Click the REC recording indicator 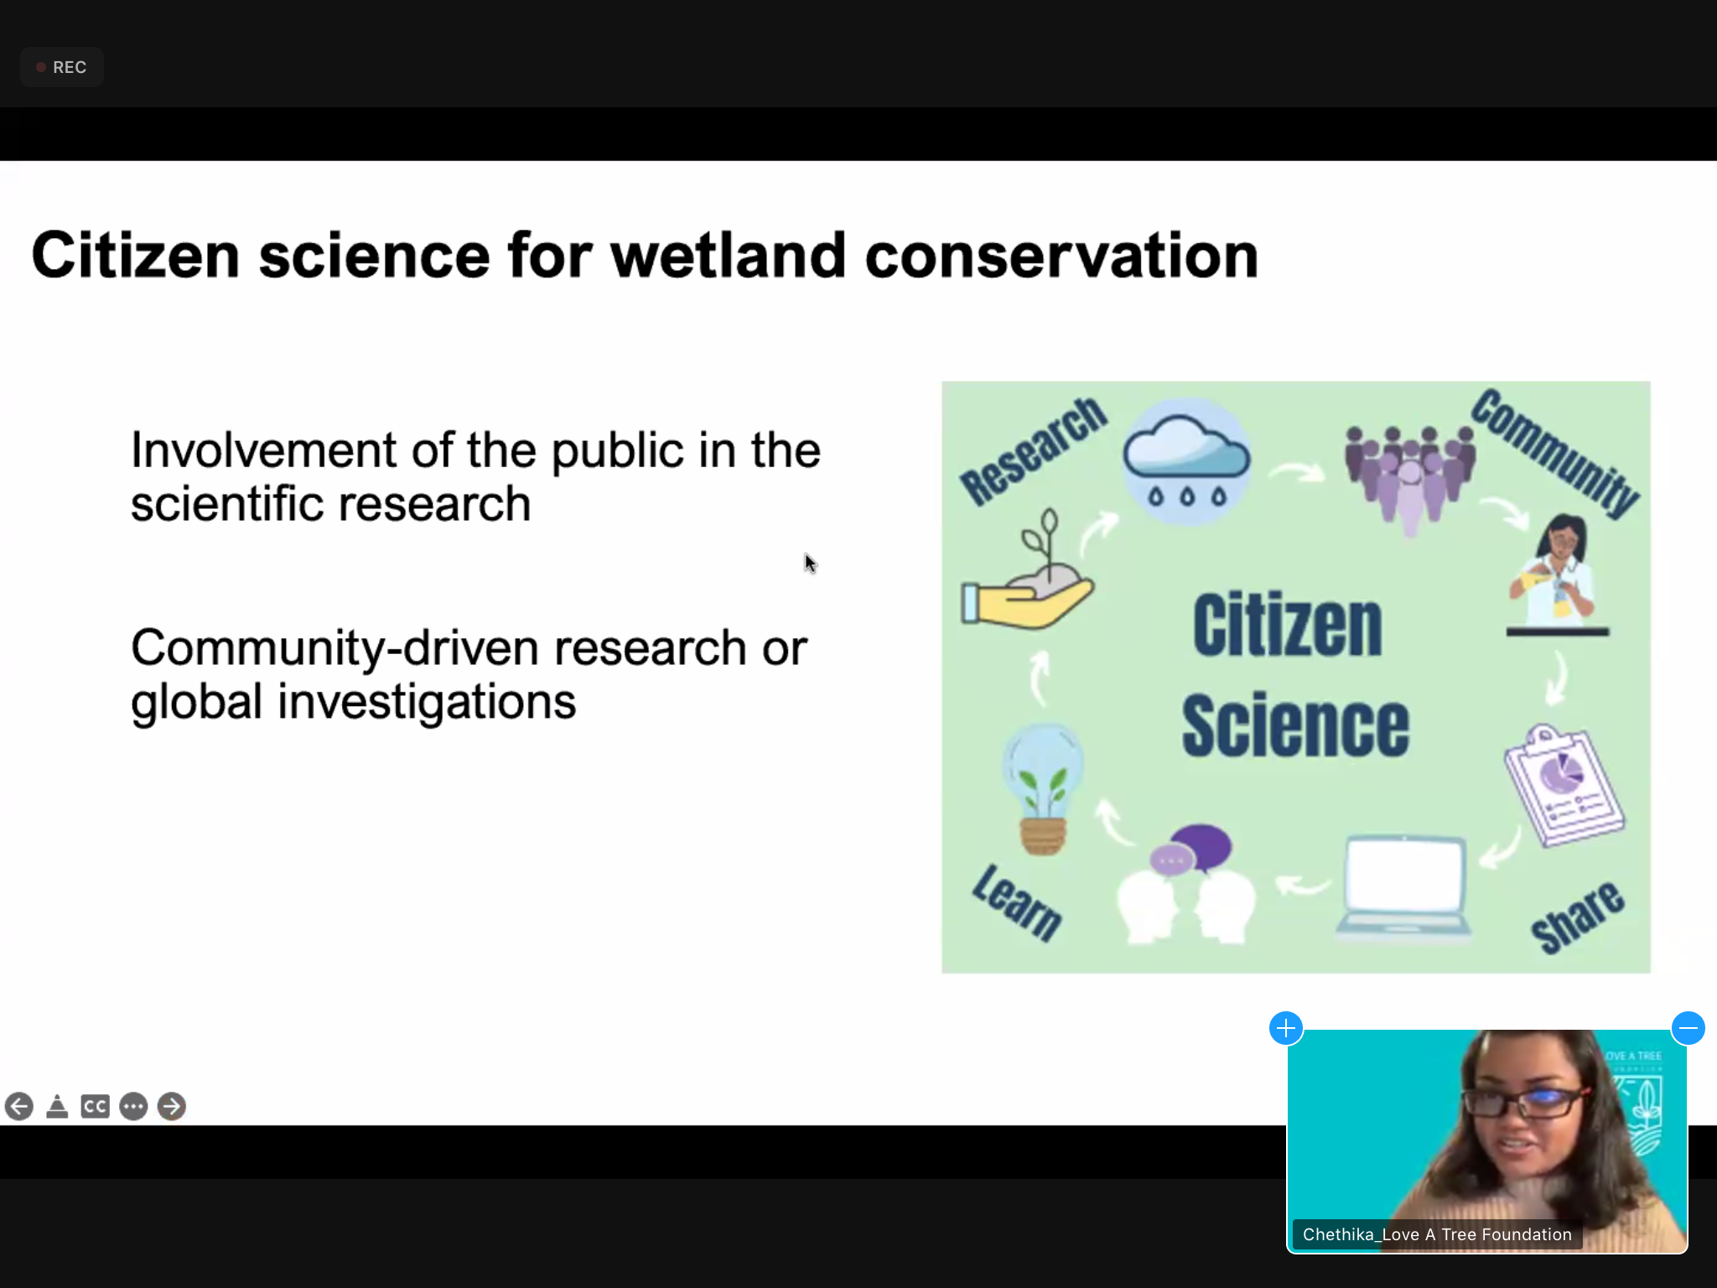[61, 67]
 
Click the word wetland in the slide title [728, 256]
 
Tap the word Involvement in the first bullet [263, 450]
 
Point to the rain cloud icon [1186, 462]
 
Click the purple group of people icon [1409, 479]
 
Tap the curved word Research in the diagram [1034, 450]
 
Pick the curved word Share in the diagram [1577, 917]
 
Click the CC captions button [95, 1107]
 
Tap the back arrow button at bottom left [19, 1107]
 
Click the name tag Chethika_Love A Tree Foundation [1437, 1234]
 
